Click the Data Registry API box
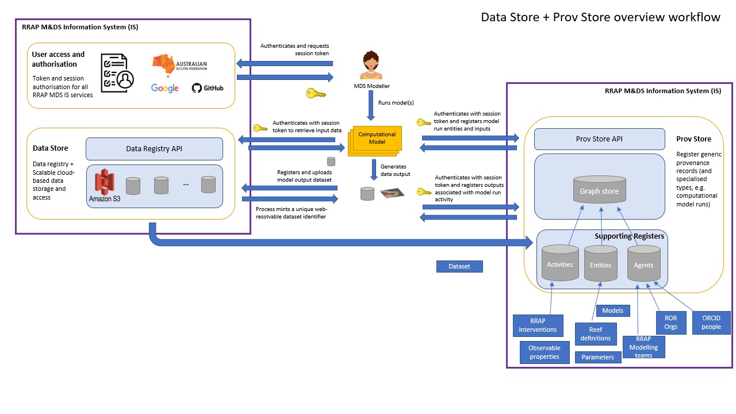[154, 149]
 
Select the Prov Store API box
[599, 139]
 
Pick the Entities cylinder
[601, 264]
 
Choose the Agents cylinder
[643, 264]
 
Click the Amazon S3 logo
[105, 185]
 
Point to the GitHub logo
[208, 88]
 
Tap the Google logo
[165, 88]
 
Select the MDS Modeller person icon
[371, 66]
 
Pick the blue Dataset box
[459, 266]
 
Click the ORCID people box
[711, 322]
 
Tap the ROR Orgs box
[670, 322]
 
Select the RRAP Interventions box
[538, 325]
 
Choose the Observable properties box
[544, 352]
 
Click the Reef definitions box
[596, 333]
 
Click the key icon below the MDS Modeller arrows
[316, 93]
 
